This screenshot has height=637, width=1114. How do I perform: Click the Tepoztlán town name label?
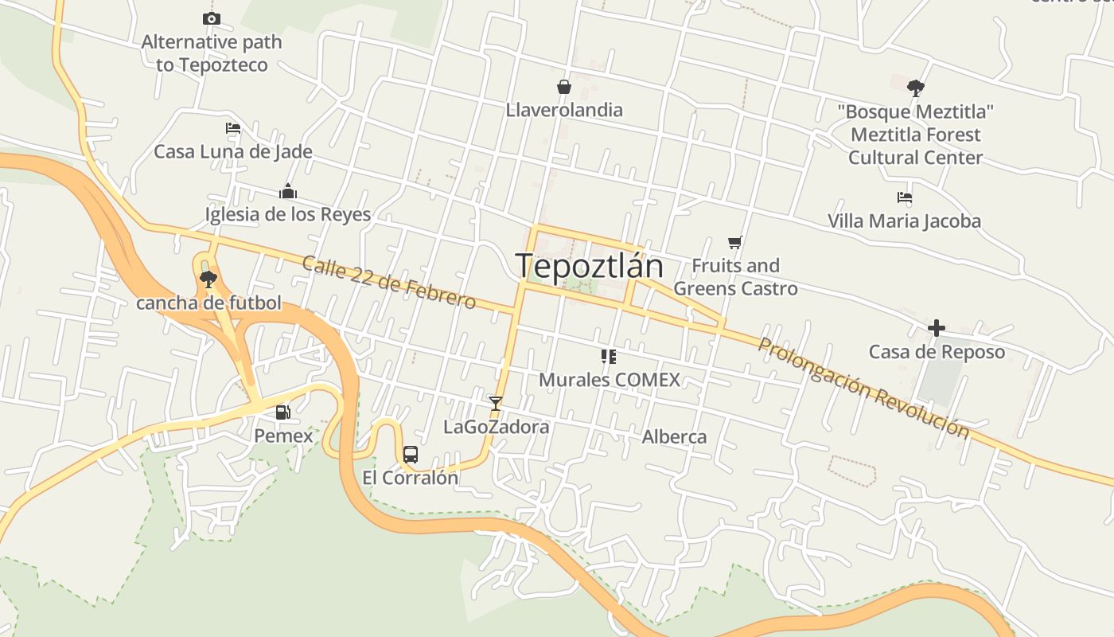(590, 265)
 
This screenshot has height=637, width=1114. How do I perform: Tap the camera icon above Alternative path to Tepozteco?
(211, 18)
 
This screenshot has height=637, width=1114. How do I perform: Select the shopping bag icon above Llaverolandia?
(564, 86)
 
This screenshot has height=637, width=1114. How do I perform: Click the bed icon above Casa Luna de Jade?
(232, 127)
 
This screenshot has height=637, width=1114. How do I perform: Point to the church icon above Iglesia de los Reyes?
(288, 191)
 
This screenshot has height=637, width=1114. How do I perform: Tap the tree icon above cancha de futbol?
(208, 278)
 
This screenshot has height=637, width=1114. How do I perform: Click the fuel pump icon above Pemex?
(282, 412)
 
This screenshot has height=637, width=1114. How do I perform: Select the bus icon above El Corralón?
(411, 455)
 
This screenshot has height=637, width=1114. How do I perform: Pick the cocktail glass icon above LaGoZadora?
(496, 403)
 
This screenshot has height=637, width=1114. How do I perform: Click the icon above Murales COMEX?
(609, 356)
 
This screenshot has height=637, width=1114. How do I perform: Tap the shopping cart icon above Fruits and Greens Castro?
(735, 241)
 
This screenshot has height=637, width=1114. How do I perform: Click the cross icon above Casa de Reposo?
(937, 327)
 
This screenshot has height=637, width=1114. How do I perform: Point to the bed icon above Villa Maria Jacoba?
(904, 197)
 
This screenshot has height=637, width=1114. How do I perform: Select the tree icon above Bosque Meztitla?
(916, 87)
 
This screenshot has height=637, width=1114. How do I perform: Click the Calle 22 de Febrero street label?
(388, 282)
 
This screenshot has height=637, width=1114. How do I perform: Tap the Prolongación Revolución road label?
(863, 388)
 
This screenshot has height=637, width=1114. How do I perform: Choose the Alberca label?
(674, 436)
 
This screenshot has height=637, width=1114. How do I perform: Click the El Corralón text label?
(411, 478)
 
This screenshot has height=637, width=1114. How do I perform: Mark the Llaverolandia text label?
(564, 109)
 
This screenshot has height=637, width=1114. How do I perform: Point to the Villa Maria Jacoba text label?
(904, 221)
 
